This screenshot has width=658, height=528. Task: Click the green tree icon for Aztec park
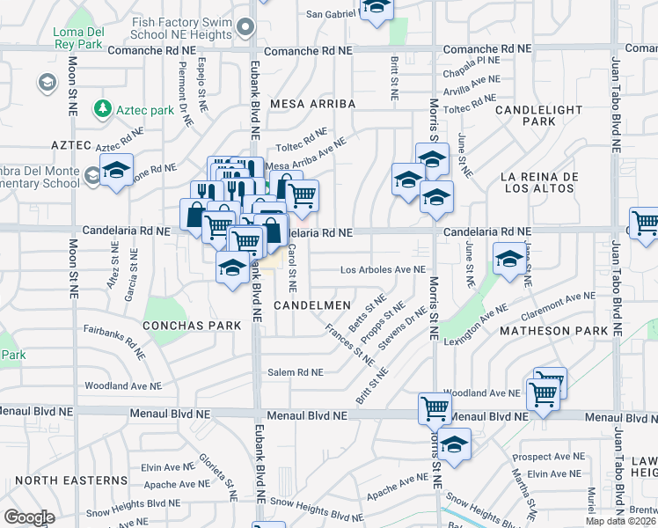104,108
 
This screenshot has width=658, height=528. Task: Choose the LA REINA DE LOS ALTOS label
538,184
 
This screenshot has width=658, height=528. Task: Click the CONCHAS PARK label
194,325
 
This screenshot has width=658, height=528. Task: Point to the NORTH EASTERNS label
71,480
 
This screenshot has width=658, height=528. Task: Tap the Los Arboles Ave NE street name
383,269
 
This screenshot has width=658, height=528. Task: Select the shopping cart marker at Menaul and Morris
435,407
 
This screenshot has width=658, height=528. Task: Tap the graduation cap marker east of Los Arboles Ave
509,260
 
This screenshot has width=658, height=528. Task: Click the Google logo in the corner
28,517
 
